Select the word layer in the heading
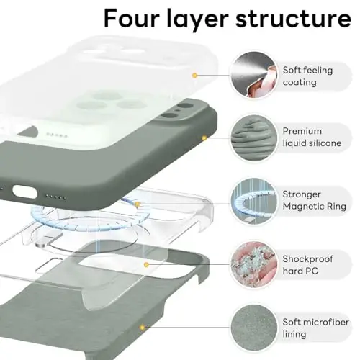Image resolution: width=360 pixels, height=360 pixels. pos(201,18)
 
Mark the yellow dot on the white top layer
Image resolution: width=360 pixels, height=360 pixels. pos(194,74)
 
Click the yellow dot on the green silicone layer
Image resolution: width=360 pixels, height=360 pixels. pos(204,137)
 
